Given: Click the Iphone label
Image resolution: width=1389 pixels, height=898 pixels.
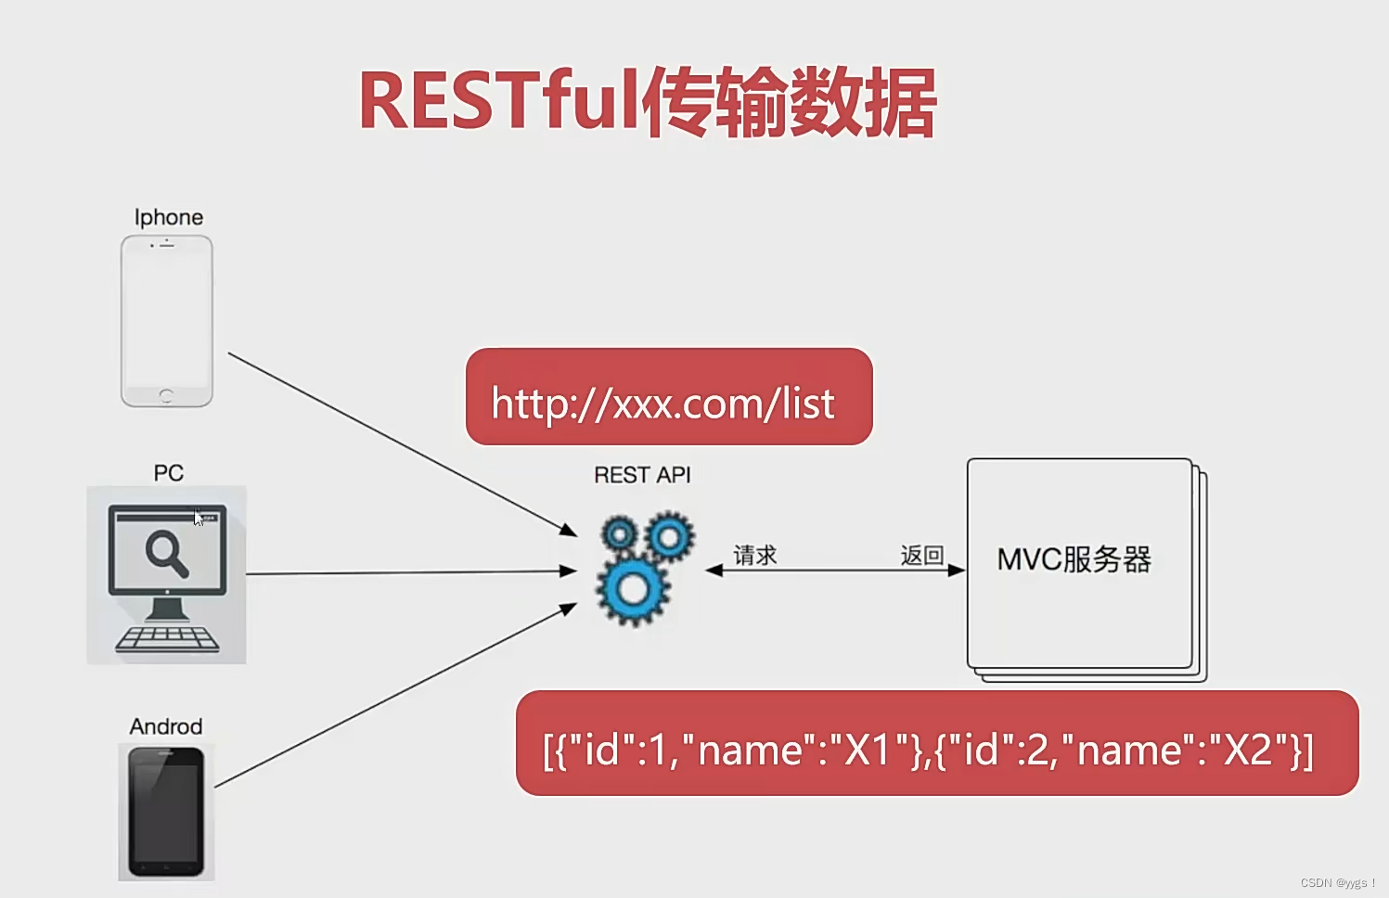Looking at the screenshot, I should [169, 217].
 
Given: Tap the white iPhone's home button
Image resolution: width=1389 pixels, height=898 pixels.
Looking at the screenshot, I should [166, 395].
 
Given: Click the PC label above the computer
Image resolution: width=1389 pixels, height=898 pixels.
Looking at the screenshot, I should [168, 473].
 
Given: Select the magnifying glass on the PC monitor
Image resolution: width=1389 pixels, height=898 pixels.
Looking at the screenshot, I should [166, 553].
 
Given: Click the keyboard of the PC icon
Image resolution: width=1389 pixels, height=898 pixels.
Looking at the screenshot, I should [167, 639].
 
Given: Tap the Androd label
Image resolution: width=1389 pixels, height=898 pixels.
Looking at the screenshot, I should [166, 726].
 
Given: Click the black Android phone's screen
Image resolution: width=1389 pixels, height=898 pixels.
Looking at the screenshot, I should [166, 813].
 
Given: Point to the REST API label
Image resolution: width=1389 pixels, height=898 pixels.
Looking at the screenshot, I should [642, 475].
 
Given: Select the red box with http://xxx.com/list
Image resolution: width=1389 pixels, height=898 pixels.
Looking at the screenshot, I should [668, 397].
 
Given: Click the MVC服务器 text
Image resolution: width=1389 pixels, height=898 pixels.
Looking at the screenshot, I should [1074, 559].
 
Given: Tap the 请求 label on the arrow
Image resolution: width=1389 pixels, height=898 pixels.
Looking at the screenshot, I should [754, 556].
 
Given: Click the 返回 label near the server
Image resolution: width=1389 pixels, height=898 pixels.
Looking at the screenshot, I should [921, 556].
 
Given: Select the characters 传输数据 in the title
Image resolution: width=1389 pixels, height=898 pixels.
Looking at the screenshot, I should [789, 102].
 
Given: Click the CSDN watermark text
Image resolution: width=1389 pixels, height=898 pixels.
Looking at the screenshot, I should [1336, 882].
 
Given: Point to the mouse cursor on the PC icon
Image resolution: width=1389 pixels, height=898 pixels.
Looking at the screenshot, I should [198, 518].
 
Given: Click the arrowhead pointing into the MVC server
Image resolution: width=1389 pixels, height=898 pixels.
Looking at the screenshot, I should [957, 571].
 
